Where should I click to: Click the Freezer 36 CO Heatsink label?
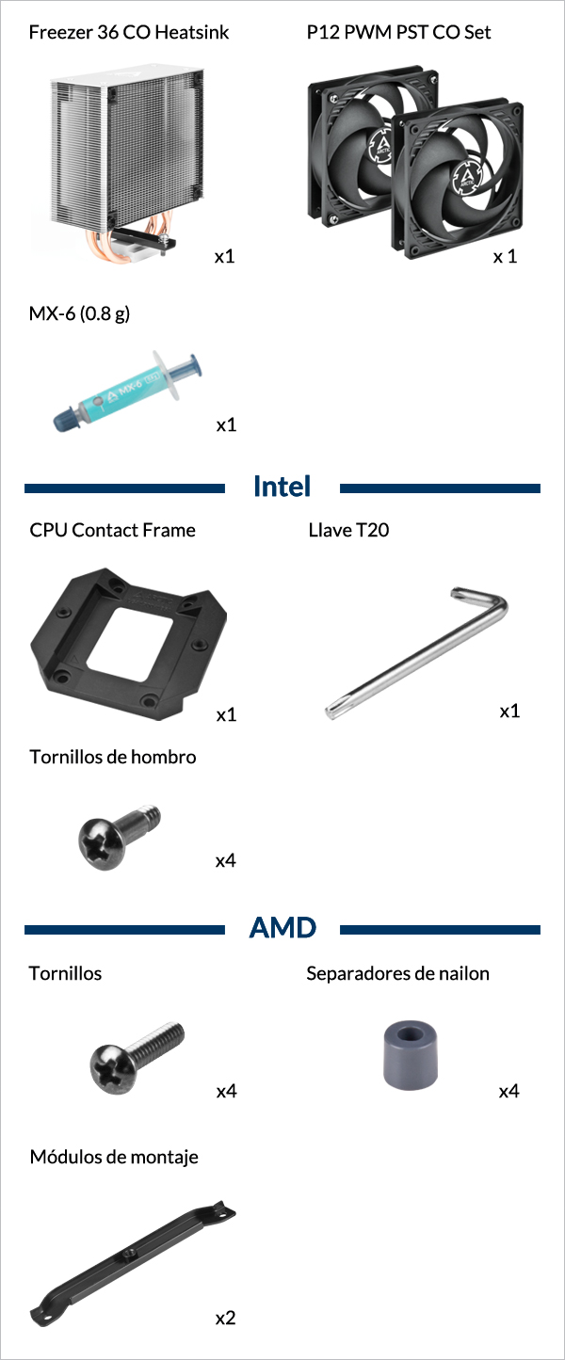point(129,32)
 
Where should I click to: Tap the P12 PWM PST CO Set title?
point(398,32)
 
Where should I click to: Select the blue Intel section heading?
point(282,487)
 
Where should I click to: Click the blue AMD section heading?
point(282,928)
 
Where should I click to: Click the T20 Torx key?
point(416,652)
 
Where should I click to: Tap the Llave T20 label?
point(348,530)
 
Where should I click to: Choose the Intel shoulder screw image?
point(119,836)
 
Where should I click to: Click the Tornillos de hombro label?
point(112,757)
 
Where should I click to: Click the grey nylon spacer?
point(411,1054)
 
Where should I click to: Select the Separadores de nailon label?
point(397,973)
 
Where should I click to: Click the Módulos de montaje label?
point(114,1157)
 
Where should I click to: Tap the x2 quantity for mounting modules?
point(225,1318)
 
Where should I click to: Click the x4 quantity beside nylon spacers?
point(509,1092)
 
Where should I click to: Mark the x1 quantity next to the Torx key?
point(509,711)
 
